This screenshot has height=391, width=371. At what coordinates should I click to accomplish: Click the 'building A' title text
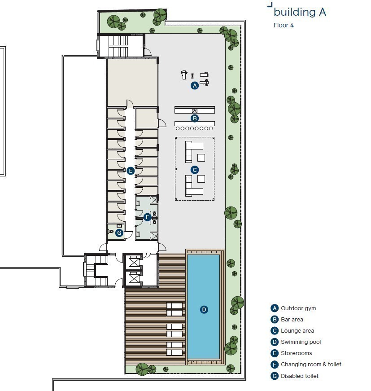[x=300, y=12]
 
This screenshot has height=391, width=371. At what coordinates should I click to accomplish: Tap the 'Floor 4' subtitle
[x=284, y=25]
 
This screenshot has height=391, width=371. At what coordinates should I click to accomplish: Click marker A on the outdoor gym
[x=195, y=86]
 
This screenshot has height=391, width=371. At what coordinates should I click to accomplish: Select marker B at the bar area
[x=195, y=118]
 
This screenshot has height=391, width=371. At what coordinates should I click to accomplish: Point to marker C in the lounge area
[x=195, y=170]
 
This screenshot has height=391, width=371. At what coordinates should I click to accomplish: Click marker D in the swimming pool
[x=204, y=309]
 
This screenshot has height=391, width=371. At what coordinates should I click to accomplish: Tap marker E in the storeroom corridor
[x=131, y=171]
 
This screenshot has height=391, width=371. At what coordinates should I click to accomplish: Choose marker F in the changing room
[x=147, y=217]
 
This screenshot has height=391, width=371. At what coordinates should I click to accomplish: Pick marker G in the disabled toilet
[x=119, y=233]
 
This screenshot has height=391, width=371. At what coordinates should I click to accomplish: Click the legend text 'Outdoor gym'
[x=298, y=308]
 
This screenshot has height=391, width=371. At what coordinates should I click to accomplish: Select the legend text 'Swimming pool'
[x=301, y=342]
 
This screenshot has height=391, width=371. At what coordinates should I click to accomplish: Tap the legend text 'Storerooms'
[x=296, y=353]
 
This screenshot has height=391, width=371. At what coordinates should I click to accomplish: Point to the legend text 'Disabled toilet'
[x=300, y=376]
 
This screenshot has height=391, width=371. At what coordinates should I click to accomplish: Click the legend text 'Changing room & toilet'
[x=311, y=365]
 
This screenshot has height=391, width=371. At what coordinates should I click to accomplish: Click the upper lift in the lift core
[x=134, y=263]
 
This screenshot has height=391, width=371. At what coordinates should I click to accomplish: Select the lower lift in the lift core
[x=134, y=278]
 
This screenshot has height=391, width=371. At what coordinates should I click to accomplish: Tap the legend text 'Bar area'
[x=292, y=320]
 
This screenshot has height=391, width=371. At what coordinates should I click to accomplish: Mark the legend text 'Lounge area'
[x=297, y=331]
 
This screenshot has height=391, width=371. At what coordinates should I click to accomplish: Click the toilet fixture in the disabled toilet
[x=111, y=231]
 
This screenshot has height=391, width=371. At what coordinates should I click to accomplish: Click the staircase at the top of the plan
[x=118, y=46]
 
